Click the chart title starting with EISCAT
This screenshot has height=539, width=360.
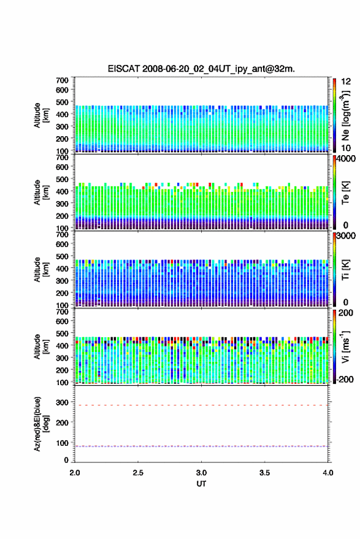[201, 69]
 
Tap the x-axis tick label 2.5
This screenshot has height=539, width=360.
[138, 473]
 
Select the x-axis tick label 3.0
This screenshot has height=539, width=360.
[202, 473]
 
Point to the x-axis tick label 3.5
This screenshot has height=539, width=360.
[265, 473]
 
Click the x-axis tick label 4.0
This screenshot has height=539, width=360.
[328, 473]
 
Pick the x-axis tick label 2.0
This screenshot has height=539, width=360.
[75, 473]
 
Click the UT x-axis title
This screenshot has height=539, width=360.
[201, 484]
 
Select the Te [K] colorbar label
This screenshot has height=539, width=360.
[345, 193]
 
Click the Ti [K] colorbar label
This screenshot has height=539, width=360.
[345, 270]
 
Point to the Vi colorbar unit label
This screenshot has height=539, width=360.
[345, 346]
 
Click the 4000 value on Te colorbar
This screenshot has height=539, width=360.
[346, 159]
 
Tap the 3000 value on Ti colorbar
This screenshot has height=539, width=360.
[346, 236]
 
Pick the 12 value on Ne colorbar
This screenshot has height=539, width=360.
[346, 82]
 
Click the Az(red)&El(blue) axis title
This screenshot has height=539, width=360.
[42, 424]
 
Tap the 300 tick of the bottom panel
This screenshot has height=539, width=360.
[62, 402]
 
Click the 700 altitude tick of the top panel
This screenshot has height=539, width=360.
[62, 80]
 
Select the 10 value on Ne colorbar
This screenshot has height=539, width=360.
[346, 148]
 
